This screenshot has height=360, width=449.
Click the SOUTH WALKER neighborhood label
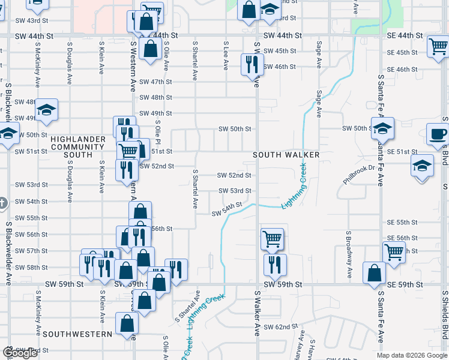coord(286,155)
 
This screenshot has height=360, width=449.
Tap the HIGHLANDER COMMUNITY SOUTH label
coord(71,147)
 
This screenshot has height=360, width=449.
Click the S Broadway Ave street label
coord(349,254)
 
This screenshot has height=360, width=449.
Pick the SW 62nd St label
coord(281,327)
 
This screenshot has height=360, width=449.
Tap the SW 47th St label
coord(155,82)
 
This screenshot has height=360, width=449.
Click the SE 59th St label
coord(405,284)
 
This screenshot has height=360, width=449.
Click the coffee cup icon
coord(437,134)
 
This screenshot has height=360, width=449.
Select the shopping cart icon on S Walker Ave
coord(272,238)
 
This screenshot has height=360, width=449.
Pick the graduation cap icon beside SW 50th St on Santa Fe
coord(382,128)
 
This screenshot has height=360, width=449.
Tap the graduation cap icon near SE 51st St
coord(423,165)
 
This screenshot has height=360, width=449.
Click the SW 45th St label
coord(281,51)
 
